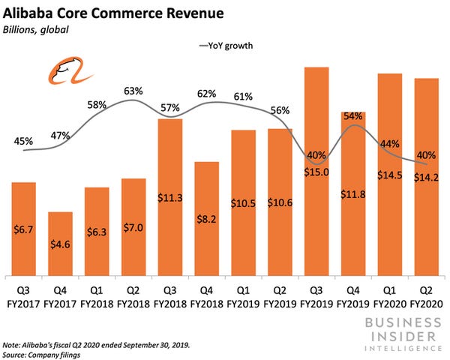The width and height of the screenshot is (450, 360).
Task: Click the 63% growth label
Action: [x=133, y=91]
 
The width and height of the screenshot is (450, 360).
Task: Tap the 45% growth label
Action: [x=23, y=140]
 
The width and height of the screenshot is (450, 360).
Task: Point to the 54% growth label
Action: [x=353, y=116]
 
